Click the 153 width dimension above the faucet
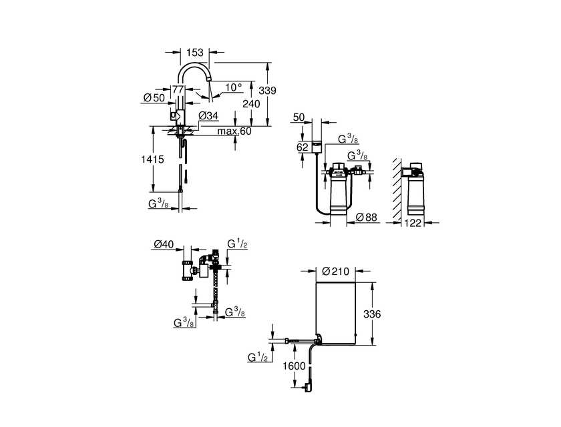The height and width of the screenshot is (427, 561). (x=194, y=53)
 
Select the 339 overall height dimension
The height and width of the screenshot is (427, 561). (x=268, y=90)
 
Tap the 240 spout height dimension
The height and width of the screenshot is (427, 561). (x=251, y=104)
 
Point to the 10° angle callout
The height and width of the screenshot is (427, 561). (x=234, y=87)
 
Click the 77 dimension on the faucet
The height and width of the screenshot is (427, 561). (x=178, y=89)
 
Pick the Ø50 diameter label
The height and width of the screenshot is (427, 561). (x=154, y=97)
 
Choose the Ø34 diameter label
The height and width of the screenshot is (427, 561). (x=208, y=116)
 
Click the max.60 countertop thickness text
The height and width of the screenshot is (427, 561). (x=234, y=131)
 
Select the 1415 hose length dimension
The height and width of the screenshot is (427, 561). (x=152, y=159)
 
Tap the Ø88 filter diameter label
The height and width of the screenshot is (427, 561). (x=367, y=217)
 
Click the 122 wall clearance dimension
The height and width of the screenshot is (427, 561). (x=413, y=223)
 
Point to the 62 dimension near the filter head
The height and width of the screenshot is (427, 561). (x=303, y=147)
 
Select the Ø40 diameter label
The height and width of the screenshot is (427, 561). (x=164, y=244)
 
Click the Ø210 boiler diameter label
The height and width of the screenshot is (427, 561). (x=335, y=271)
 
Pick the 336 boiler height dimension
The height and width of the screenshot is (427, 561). (x=372, y=314)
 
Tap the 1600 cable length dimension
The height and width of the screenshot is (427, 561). (x=294, y=366)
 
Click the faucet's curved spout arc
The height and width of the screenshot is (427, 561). (x=193, y=64)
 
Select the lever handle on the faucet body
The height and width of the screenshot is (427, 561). (x=173, y=115)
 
